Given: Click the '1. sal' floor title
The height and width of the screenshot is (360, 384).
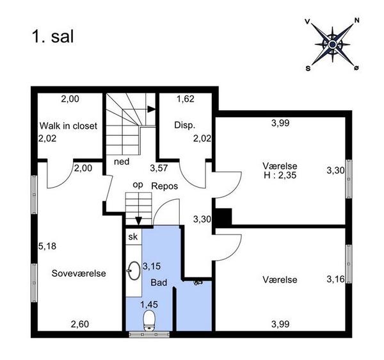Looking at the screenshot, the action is click(52, 37).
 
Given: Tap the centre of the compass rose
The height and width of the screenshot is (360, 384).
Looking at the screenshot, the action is click(332, 44).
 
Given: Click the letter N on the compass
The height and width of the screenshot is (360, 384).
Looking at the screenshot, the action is click(357, 20).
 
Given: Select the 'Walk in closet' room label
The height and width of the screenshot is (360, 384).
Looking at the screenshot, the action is click(68, 126).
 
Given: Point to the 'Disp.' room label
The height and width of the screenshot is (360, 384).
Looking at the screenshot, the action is click(185, 125).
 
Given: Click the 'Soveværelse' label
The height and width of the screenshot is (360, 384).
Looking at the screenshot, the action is click(79, 274).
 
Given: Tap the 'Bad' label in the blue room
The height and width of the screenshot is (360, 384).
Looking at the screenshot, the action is click(159, 282).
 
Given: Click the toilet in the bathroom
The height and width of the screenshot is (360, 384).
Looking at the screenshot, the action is click(149, 320).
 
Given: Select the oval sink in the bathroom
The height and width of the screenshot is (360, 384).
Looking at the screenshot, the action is click(134, 270).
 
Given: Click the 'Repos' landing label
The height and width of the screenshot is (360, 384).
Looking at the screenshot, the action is click(164, 186).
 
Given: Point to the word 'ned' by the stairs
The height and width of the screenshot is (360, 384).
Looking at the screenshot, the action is click(122, 161).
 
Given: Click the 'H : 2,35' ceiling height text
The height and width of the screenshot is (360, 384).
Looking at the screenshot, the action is click(280, 176).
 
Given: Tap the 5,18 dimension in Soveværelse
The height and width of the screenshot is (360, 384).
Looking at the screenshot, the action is click(47, 246).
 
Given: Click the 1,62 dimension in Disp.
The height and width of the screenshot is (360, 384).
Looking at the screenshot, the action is click(186, 99).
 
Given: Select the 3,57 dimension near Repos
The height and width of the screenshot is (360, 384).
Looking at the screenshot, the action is click(159, 168).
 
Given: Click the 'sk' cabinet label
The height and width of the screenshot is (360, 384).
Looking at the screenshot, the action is click(133, 237).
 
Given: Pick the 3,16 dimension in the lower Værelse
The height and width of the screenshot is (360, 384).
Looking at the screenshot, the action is click(335, 279).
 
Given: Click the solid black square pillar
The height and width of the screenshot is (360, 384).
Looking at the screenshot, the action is click(223, 217).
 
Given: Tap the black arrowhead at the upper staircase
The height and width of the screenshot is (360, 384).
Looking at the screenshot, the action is click(151, 110).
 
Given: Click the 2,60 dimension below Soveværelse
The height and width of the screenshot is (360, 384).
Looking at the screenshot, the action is click(80, 324).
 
